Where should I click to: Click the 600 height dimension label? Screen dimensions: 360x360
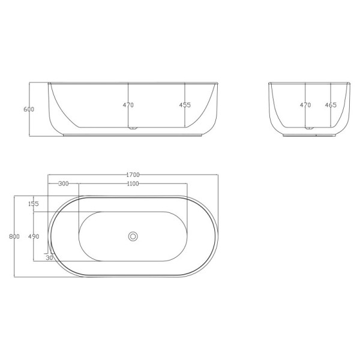(29, 109)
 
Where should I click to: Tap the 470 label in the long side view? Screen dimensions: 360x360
(128, 105)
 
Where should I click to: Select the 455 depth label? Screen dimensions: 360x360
(185, 105)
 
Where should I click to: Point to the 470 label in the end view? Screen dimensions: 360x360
(305, 105)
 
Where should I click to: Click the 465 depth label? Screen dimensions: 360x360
(331, 105)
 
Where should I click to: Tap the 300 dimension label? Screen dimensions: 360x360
(64, 184)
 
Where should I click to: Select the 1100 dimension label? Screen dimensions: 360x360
(133, 184)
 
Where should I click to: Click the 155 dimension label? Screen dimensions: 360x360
(33, 204)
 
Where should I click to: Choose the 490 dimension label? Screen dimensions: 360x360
(34, 236)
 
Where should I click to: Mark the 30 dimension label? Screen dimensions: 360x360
(49, 258)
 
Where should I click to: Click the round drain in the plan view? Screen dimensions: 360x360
(133, 236)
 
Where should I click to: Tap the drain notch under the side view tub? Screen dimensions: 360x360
(133, 128)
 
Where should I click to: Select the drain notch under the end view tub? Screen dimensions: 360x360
(310, 128)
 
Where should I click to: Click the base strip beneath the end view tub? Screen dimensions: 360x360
(310, 136)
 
